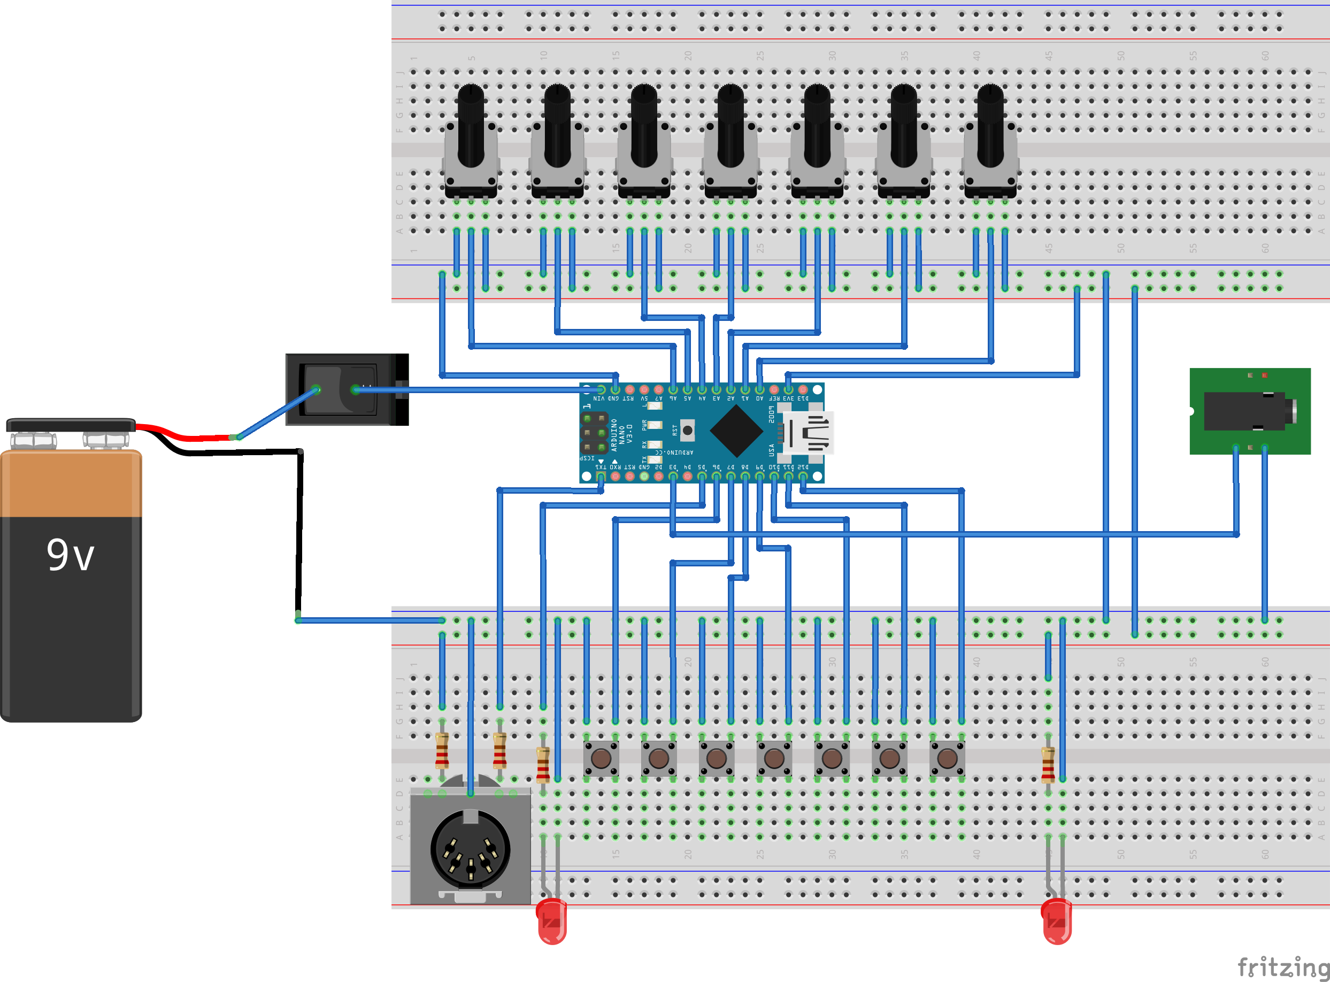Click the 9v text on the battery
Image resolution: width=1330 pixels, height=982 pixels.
click(x=70, y=555)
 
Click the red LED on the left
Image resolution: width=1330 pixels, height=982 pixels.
click(x=551, y=921)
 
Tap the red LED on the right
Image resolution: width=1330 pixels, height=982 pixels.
click(x=1057, y=921)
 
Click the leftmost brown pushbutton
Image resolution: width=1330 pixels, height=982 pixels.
click(x=601, y=758)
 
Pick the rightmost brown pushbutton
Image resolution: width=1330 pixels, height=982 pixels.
click(x=947, y=758)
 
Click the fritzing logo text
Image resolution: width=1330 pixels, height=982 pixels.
click(x=1282, y=966)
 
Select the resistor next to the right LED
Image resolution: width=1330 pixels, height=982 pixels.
click(x=1048, y=764)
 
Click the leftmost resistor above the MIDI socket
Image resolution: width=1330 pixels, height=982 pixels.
click(x=442, y=750)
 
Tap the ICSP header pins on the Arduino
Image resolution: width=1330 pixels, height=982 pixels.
click(x=594, y=433)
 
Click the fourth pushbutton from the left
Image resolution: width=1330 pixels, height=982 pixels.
click(x=774, y=758)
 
